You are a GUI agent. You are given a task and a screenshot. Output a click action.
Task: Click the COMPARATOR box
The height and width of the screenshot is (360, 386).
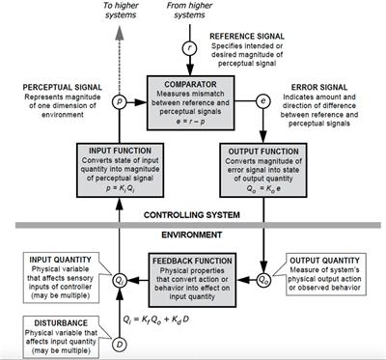(193, 100)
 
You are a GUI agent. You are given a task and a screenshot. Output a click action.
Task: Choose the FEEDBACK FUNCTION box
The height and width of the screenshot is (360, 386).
(193, 277)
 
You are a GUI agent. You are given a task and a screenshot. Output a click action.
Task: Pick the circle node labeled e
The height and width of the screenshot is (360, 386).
(262, 99)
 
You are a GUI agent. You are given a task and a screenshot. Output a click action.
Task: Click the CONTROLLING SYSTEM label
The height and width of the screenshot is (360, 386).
(192, 213)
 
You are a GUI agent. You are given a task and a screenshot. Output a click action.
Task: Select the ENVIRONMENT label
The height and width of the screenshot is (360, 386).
(192, 235)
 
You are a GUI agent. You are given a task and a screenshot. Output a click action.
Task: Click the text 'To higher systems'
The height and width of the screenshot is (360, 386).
(121, 11)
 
